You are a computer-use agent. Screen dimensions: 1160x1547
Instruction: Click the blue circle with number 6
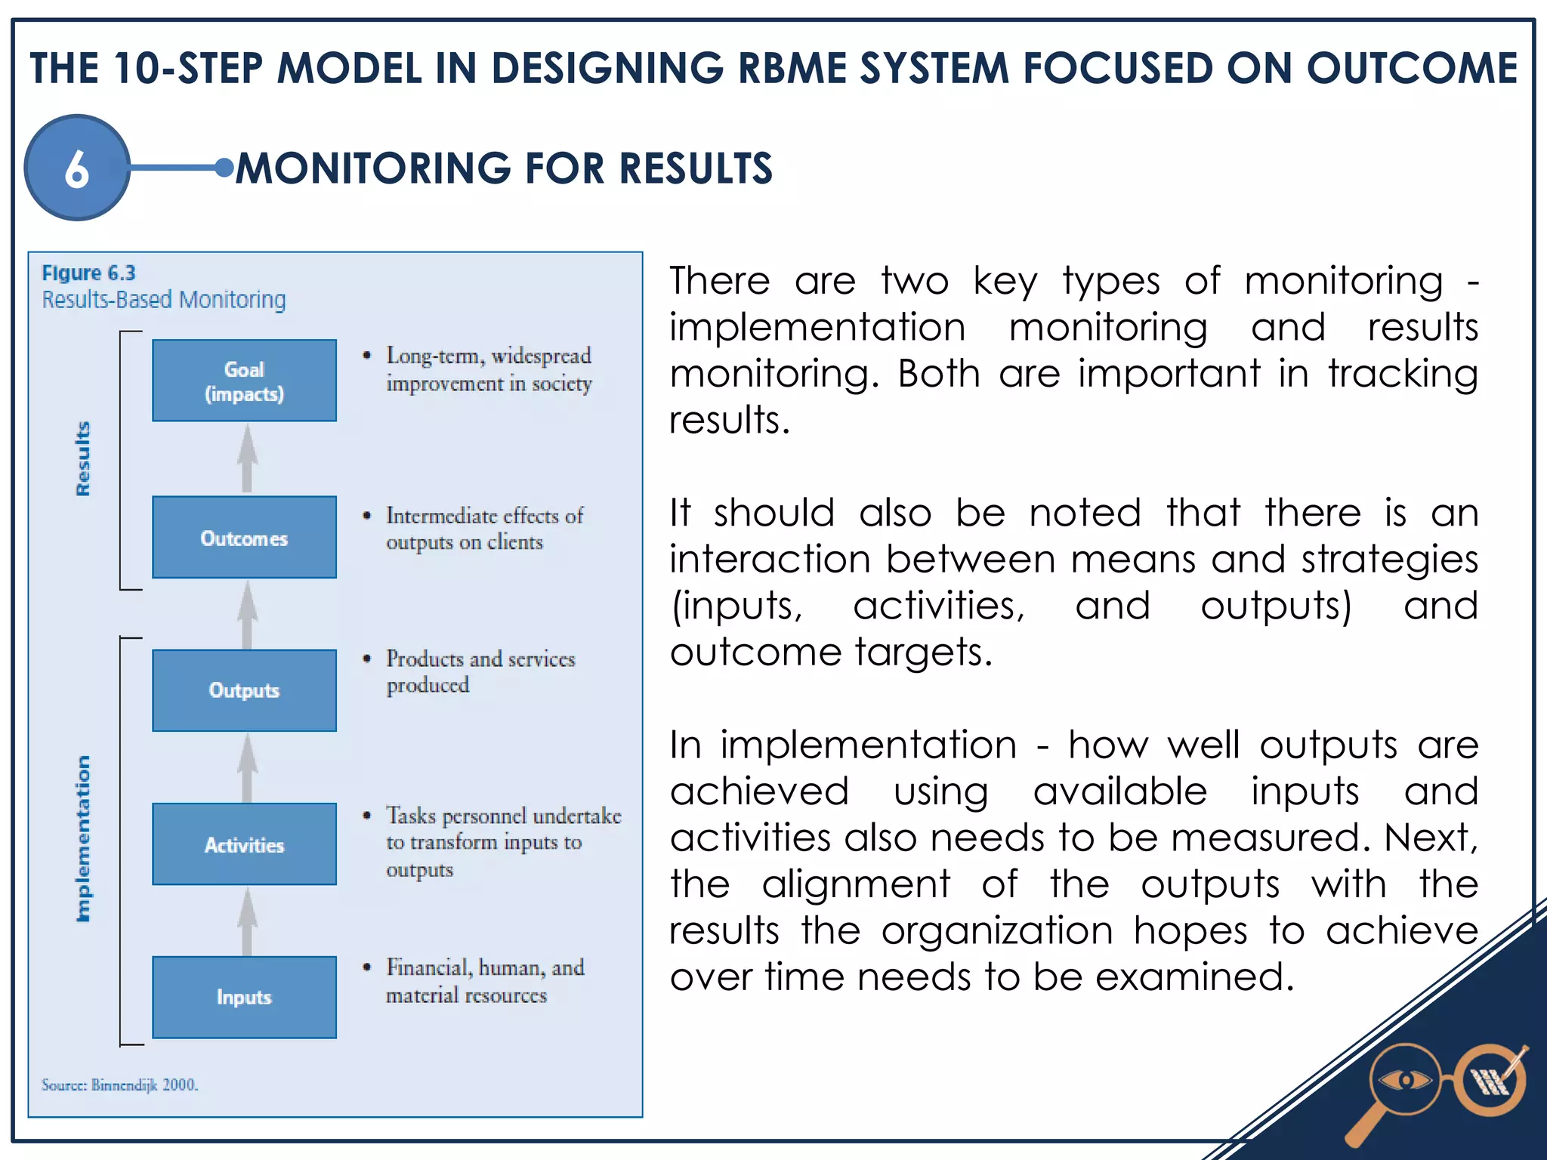point(77,168)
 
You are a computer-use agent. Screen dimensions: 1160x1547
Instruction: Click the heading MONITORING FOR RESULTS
point(504,168)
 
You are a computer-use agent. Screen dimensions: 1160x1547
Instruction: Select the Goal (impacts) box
point(244,381)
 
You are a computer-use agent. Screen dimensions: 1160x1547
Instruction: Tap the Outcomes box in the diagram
point(244,538)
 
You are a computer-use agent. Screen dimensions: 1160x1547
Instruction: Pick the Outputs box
point(244,690)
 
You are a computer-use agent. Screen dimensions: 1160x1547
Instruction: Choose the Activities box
point(244,844)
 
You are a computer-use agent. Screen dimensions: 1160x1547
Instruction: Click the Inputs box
point(244,997)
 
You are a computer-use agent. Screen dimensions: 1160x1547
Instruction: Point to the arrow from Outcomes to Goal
point(247,458)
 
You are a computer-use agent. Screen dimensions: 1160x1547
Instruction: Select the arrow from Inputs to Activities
point(247,921)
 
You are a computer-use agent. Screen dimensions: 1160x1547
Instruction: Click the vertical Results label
point(83,458)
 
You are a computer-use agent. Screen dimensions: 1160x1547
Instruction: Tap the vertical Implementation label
point(83,838)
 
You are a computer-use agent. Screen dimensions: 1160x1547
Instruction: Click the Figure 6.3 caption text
point(88,273)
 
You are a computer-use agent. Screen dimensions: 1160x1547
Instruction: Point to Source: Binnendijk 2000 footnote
point(119,1085)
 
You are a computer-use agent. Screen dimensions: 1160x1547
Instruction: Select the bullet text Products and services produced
point(480,671)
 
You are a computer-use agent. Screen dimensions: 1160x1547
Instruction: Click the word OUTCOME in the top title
point(1411,68)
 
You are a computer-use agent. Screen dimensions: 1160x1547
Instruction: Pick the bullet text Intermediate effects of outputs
point(483,529)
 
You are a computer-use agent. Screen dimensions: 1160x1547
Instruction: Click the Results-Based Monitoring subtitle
point(164,300)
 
